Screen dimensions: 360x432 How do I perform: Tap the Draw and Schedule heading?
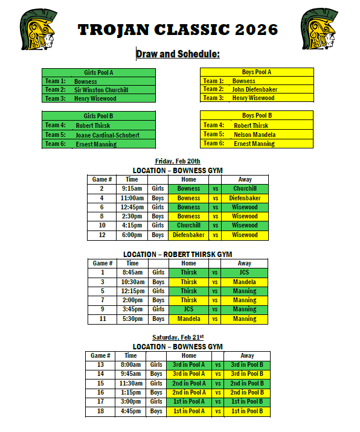178,54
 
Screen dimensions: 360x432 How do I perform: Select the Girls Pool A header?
98,72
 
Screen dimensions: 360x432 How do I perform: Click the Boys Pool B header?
257,115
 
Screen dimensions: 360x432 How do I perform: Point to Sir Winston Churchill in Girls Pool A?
105,90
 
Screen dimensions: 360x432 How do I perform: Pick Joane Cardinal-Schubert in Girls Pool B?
108,135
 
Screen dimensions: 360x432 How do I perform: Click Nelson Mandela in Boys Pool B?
255,135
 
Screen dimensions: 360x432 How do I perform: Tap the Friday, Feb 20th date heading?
178,161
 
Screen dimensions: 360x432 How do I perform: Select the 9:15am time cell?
132,188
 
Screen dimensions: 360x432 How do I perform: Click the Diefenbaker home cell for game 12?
188,235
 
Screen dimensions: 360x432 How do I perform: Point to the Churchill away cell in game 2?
245,188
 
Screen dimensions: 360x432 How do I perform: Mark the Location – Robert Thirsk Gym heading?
178,254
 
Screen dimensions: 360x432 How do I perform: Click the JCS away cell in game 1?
245,272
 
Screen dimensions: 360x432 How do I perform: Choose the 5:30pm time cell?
132,319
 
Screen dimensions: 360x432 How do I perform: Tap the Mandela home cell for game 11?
188,319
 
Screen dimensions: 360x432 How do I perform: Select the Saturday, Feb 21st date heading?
178,337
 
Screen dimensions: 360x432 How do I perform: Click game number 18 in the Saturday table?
100,411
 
